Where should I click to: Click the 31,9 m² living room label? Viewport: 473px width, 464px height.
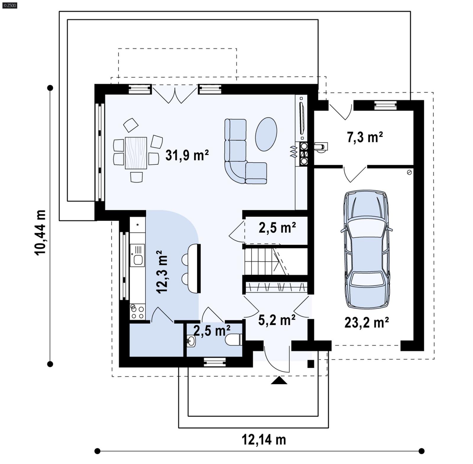[x=187, y=155]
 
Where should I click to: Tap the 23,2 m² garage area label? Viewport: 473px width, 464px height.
[x=366, y=322]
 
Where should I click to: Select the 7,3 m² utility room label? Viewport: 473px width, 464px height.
[x=365, y=137]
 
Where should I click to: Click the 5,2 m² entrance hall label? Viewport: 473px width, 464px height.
[x=277, y=320]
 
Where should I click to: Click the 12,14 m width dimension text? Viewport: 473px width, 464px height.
[x=264, y=439]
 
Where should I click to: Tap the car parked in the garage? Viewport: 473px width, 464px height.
[x=366, y=249]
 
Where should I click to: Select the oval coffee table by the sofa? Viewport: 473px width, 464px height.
[x=266, y=134]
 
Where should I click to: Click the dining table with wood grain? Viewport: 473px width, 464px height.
[x=136, y=153]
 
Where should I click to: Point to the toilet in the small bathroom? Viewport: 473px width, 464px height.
[x=234, y=339]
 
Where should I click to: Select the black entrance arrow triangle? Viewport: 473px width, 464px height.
[x=279, y=381]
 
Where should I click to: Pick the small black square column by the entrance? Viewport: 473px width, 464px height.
[x=310, y=364]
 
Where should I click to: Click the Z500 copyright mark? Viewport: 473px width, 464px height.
[x=9, y=5]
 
